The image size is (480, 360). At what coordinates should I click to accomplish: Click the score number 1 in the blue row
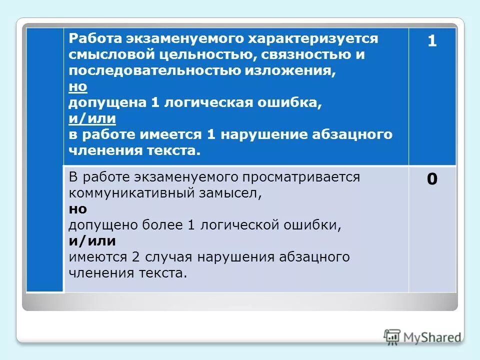pyautogui.click(x=432, y=42)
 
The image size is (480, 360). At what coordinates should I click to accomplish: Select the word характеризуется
pyautogui.click(x=324, y=39)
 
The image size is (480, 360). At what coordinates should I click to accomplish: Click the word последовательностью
pyautogui.click(x=153, y=70)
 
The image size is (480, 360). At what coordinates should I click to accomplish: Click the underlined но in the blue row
pyautogui.click(x=78, y=86)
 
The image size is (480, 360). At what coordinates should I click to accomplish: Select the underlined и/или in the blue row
pyautogui.click(x=92, y=118)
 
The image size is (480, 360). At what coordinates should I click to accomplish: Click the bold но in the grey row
pyautogui.click(x=78, y=209)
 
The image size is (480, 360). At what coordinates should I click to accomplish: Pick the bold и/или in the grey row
pyautogui.click(x=92, y=241)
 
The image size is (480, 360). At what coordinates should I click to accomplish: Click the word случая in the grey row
pyautogui.click(x=169, y=257)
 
